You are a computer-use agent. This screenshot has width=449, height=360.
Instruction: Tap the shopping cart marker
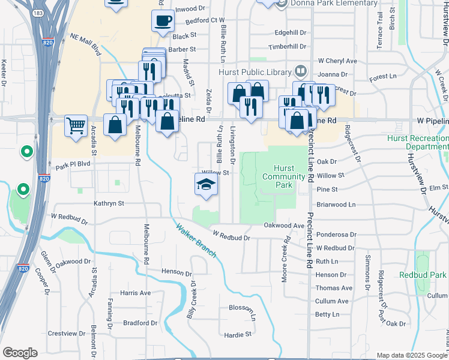tap(76, 127)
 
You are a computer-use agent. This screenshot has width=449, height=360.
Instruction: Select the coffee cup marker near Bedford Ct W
tap(163, 22)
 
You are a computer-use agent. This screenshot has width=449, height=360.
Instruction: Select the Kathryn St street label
tap(109, 203)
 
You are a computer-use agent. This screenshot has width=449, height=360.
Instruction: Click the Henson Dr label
tap(176, 272)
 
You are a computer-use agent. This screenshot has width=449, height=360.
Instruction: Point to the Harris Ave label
tap(135, 293)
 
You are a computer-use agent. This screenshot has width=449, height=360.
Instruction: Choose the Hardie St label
tap(239, 334)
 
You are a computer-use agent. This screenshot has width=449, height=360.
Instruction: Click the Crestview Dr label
tap(67, 333)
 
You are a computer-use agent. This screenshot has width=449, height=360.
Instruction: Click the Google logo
tap(20, 353)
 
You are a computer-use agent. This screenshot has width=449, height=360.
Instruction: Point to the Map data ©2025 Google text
tap(411, 355)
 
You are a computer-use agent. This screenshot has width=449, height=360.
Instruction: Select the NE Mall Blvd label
tap(86, 46)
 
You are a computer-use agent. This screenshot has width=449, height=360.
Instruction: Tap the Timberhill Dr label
tap(288, 47)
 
